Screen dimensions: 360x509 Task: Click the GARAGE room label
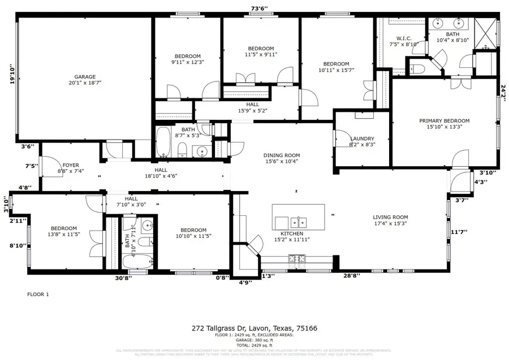point(85,77)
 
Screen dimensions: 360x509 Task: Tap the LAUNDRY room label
point(363,138)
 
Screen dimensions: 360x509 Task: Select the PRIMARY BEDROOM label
point(444,121)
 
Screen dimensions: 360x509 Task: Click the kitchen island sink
point(299,221)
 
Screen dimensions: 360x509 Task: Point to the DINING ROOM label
point(281,155)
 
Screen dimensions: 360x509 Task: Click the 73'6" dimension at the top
point(259,8)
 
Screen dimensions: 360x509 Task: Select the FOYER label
point(71,165)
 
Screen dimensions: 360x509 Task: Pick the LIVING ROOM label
point(390,217)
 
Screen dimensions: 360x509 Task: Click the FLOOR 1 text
point(38,294)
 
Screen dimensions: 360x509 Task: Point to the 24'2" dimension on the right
point(503,91)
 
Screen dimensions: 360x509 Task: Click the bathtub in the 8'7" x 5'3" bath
point(162,142)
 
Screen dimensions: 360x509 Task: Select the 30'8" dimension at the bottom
point(123,277)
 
